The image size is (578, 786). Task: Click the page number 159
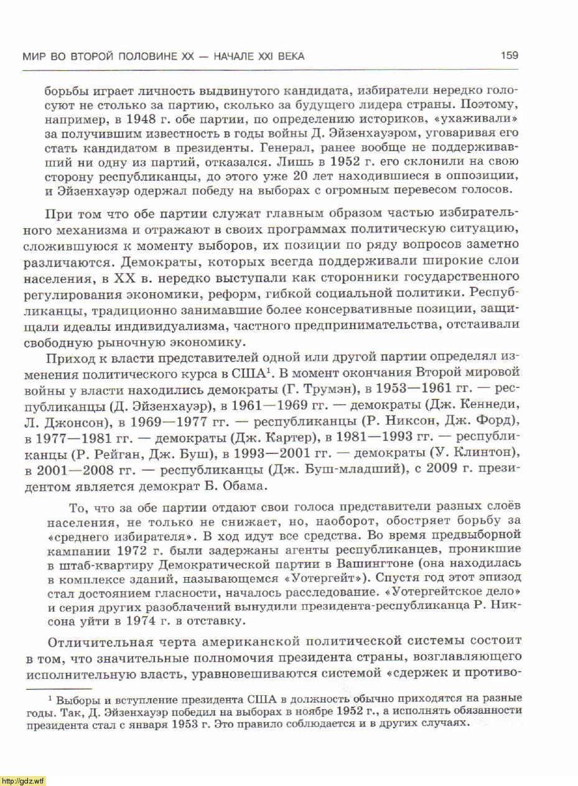click(509, 56)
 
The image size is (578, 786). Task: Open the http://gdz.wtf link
click(23, 780)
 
